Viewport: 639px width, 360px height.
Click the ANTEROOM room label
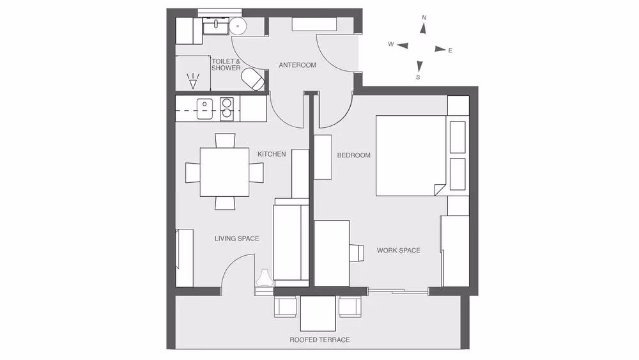297,65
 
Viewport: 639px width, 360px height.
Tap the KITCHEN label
272,154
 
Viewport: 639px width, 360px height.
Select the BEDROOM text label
354,155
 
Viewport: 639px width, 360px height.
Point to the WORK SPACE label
398,250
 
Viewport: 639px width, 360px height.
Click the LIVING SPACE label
237,239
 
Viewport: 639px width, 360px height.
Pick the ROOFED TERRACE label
319,340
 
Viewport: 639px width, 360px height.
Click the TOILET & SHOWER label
226,65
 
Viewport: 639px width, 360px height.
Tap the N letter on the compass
424,17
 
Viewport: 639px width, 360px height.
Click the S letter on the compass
418,77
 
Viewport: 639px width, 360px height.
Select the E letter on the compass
450,51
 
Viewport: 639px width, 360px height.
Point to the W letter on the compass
391,44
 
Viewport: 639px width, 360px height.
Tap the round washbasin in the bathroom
238,26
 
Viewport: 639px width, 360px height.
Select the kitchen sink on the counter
204,109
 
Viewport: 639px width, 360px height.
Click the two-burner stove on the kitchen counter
227,109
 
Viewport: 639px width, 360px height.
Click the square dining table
224,172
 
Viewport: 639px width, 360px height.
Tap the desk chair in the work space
357,253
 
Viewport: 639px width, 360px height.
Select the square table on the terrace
318,313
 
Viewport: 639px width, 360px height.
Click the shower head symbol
193,81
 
